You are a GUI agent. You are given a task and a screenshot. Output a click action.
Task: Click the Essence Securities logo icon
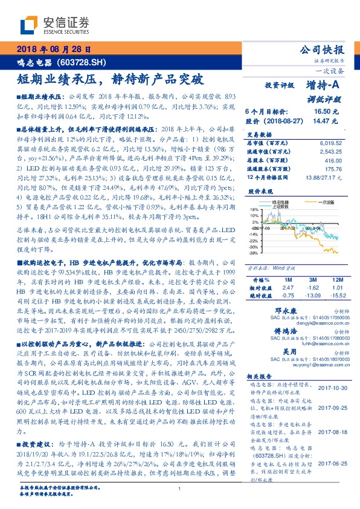(29, 24)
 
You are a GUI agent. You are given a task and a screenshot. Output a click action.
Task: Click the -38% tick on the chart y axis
(254, 253)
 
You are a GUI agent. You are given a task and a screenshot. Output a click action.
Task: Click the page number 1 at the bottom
(179, 490)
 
